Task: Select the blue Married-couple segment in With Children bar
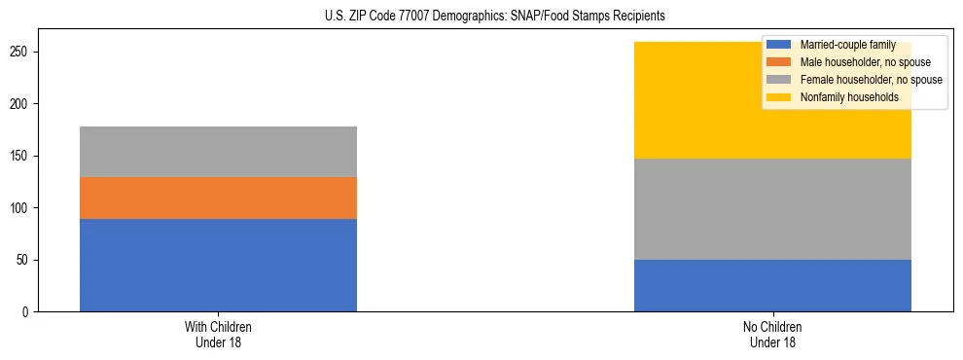pyautogui.click(x=218, y=265)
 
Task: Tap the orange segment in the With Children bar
pyautogui.click(x=218, y=198)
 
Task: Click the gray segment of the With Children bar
pyautogui.click(x=218, y=152)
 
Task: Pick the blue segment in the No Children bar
pyautogui.click(x=772, y=285)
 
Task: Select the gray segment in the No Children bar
pyautogui.click(x=772, y=209)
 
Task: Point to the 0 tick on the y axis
pyautogui.click(x=28, y=312)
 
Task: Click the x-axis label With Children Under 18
pyautogui.click(x=218, y=334)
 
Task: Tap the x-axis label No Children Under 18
pyautogui.click(x=772, y=334)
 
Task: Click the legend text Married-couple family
pyautogui.click(x=847, y=45)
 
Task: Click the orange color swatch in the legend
pyautogui.click(x=779, y=62)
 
